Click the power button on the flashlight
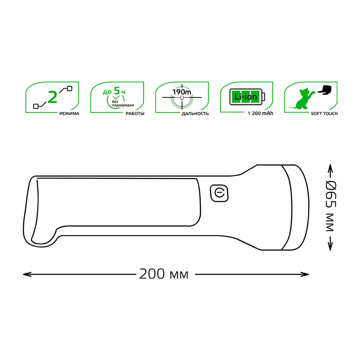pos(219,193)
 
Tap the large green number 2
pos(53,97)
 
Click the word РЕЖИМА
pos(69,113)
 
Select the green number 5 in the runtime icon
pos(117,91)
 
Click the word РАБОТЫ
pos(135,113)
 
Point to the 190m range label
pos(181,92)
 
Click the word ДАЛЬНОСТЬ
pos(195,113)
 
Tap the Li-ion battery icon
pos(247,97)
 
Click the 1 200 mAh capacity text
pos(260,113)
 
